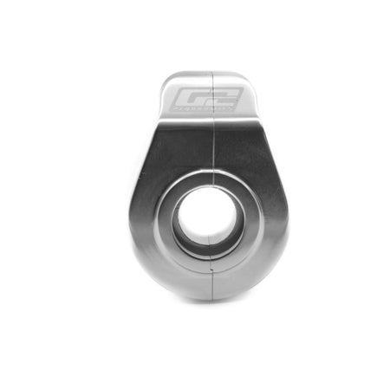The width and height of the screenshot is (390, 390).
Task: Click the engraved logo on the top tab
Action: tap(205, 99)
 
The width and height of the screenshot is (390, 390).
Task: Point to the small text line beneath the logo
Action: tap(205, 111)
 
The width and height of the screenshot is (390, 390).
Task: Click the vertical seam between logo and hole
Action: tap(213, 147)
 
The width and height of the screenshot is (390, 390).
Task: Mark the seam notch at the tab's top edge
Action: tap(212, 74)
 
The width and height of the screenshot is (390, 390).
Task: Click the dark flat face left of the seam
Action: tap(178, 152)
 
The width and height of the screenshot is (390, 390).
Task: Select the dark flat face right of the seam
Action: tap(247, 152)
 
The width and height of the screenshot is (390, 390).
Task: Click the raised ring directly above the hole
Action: tap(208, 175)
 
